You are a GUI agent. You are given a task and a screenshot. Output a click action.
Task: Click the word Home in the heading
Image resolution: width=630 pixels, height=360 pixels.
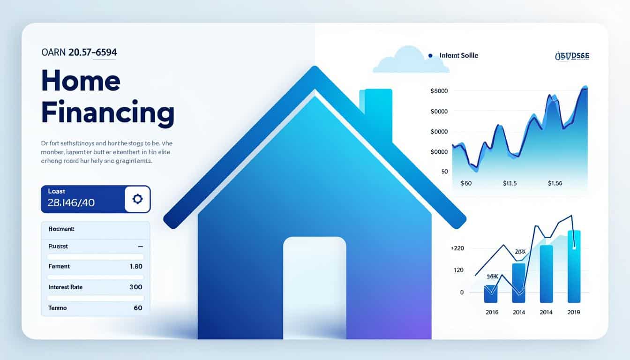tap(81, 81)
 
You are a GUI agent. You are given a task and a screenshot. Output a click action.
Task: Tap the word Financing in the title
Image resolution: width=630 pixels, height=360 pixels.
tap(107, 112)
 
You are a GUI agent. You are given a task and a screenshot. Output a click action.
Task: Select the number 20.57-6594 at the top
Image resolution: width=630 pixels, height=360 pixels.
tap(92, 52)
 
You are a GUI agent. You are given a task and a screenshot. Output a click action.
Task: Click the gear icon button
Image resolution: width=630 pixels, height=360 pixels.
tap(137, 199)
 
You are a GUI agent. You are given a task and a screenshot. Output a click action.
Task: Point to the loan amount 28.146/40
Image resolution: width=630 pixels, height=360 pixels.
tap(71, 202)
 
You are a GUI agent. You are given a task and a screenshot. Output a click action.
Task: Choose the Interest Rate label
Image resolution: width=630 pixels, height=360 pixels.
tap(65, 287)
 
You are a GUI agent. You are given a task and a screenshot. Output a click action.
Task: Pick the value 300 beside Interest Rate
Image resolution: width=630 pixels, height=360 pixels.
tap(135, 287)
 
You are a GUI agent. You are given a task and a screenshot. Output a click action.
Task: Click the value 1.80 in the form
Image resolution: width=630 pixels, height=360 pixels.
tap(135, 266)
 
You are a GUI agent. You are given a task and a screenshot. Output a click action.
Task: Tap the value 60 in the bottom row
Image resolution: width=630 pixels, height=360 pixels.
tap(138, 308)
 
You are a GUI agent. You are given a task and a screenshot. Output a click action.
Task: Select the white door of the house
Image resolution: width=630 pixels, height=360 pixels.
tap(315, 286)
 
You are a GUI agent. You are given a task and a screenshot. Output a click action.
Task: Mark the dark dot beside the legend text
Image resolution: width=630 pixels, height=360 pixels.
tap(430, 55)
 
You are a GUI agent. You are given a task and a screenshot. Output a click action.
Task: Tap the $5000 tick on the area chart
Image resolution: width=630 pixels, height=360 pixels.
tap(439, 91)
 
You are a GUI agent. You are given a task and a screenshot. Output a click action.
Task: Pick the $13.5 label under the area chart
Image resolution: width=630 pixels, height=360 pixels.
tap(509, 183)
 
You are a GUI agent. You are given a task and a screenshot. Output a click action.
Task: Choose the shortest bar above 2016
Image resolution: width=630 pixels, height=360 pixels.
tap(490, 293)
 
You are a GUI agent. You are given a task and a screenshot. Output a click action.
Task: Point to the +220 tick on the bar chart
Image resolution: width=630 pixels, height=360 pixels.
tap(457, 248)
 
